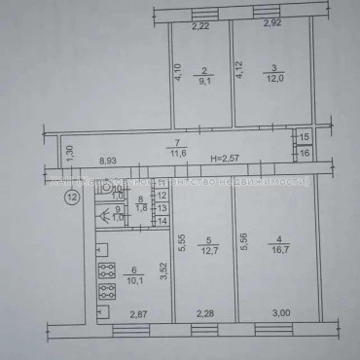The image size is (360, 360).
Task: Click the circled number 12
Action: pos(71,198)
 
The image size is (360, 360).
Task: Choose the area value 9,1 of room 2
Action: pos(204,82)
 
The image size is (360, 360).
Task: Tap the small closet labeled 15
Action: pos(305,139)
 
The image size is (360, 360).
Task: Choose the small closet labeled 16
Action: pos(305,154)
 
